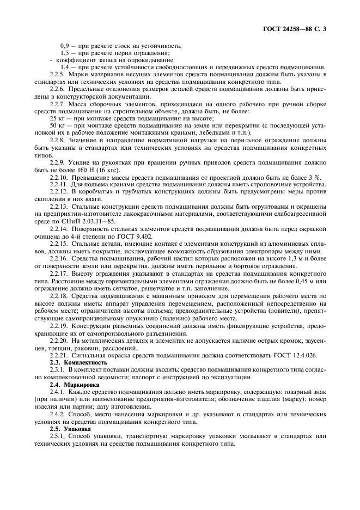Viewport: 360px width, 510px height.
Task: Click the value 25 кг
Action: tap(57, 118)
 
